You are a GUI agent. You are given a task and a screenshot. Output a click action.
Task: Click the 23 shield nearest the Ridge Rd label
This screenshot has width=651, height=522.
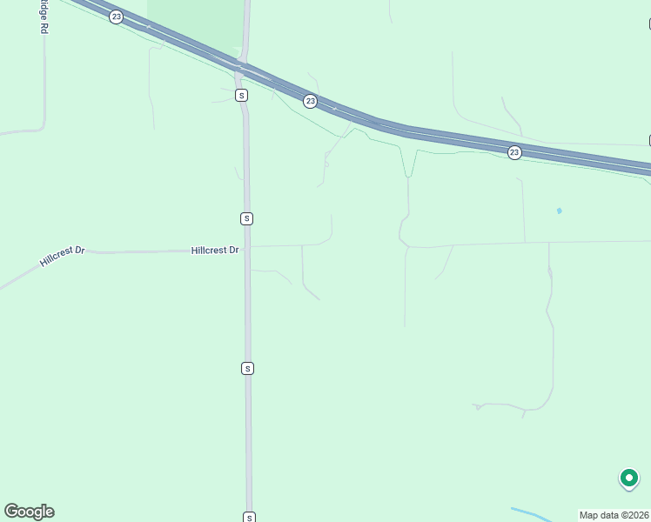[x=117, y=17]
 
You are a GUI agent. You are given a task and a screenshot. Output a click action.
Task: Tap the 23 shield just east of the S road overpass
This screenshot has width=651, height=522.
[x=311, y=102]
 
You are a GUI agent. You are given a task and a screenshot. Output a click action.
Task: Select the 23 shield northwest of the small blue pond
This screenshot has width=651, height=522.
[x=514, y=152]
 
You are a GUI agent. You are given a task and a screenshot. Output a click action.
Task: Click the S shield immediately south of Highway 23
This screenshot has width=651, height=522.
[x=241, y=95]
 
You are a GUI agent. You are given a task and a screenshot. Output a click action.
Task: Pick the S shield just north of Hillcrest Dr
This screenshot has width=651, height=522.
[x=247, y=218]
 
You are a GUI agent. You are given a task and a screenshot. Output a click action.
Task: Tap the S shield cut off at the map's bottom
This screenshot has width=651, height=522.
[x=249, y=517]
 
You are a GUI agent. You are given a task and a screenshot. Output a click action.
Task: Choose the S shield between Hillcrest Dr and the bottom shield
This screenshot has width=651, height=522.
[x=248, y=369]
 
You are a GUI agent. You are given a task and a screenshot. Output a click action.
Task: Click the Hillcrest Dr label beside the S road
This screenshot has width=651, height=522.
[x=214, y=251]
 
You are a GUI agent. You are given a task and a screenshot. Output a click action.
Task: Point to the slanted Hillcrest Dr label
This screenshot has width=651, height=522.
[x=62, y=256]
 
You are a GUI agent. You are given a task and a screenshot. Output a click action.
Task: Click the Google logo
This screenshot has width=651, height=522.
[x=29, y=512]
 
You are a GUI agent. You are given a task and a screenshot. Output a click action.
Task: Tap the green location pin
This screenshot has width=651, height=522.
[x=628, y=478]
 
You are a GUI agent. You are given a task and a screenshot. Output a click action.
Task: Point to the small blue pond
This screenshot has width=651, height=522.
[x=559, y=211]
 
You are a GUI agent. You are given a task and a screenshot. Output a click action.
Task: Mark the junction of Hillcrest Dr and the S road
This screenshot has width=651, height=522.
[x=247, y=248]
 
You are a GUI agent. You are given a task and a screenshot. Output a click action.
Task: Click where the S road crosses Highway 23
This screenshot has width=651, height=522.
[x=244, y=66]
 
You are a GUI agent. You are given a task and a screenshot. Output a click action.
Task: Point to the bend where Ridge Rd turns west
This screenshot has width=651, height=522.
[x=42, y=128]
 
